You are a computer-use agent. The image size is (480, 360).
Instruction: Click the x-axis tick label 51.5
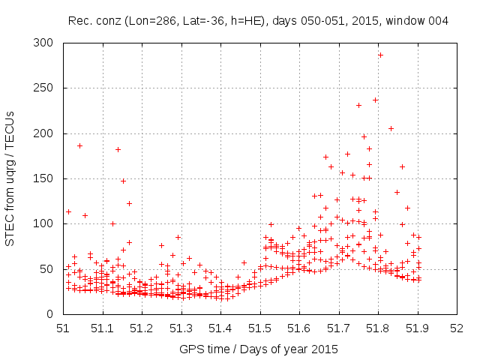pos(259,328)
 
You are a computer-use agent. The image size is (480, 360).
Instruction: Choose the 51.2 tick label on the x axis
pos(142,328)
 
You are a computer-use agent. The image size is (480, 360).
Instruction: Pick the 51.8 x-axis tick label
pos(378,328)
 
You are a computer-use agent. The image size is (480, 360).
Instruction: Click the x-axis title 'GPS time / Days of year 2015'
pos(259,349)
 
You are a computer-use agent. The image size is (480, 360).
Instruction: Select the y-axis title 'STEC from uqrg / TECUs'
pos(10,178)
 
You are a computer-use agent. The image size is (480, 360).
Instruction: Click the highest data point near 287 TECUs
pos(380,55)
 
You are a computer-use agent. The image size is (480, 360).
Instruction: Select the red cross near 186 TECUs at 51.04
pos(79,145)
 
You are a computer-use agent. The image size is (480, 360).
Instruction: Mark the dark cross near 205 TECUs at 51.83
pos(391,128)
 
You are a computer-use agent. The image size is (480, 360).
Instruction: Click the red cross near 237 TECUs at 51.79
pos(376,100)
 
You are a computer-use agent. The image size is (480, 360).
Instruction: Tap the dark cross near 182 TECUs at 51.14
pos(118,149)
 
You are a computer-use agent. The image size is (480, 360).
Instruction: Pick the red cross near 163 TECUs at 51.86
pos(402,166)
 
